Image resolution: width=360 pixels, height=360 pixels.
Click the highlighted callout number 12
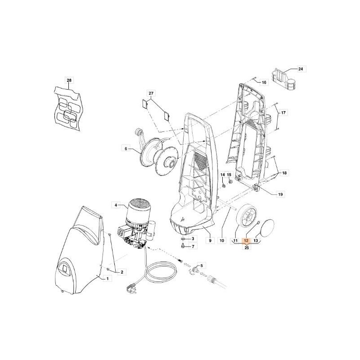pos(246,240)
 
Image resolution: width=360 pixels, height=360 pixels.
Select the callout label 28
pos(69,80)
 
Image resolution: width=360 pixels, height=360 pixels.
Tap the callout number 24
pos(301,69)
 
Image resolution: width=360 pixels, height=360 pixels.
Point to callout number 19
pos(280,194)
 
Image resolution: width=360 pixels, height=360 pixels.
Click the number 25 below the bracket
pos(247,247)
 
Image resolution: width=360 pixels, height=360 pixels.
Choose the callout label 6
pos(126,148)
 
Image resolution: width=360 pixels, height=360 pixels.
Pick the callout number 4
pos(116,205)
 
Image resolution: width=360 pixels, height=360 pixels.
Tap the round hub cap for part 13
pos(268,227)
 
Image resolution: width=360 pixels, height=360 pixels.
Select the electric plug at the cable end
pos(130,287)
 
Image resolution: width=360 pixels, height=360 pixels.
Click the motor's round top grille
pos(139,204)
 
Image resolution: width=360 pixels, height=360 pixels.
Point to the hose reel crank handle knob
pos(139,132)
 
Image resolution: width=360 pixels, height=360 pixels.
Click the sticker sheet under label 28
pos(68,109)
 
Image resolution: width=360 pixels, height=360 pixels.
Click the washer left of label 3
pos(183,239)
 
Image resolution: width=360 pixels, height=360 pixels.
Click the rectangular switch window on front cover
pos(65,269)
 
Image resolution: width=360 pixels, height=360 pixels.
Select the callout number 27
pos(151,93)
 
